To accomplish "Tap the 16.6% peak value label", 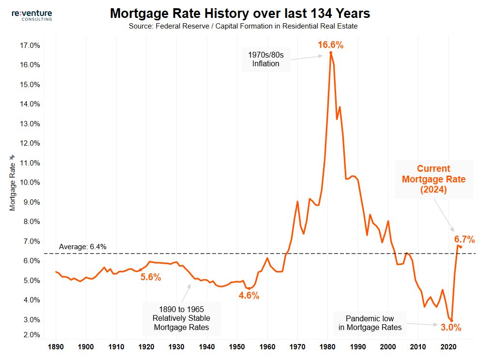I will [330, 45].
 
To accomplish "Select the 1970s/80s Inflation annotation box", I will [266, 59].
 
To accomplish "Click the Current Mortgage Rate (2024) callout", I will [434, 180].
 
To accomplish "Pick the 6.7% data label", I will [464, 239].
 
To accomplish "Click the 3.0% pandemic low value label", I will [451, 328].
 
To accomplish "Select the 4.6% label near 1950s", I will [249, 296].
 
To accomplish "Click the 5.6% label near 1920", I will [151, 277].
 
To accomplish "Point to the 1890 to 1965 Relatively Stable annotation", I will [181, 318].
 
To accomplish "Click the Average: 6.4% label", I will [82, 247].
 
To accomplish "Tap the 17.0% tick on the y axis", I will [29, 45].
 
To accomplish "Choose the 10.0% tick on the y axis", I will [29, 182].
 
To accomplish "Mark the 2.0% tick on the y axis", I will [31, 335].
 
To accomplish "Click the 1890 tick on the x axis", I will [56, 347].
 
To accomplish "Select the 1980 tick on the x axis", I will [327, 347].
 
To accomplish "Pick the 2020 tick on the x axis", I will [448, 347].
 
